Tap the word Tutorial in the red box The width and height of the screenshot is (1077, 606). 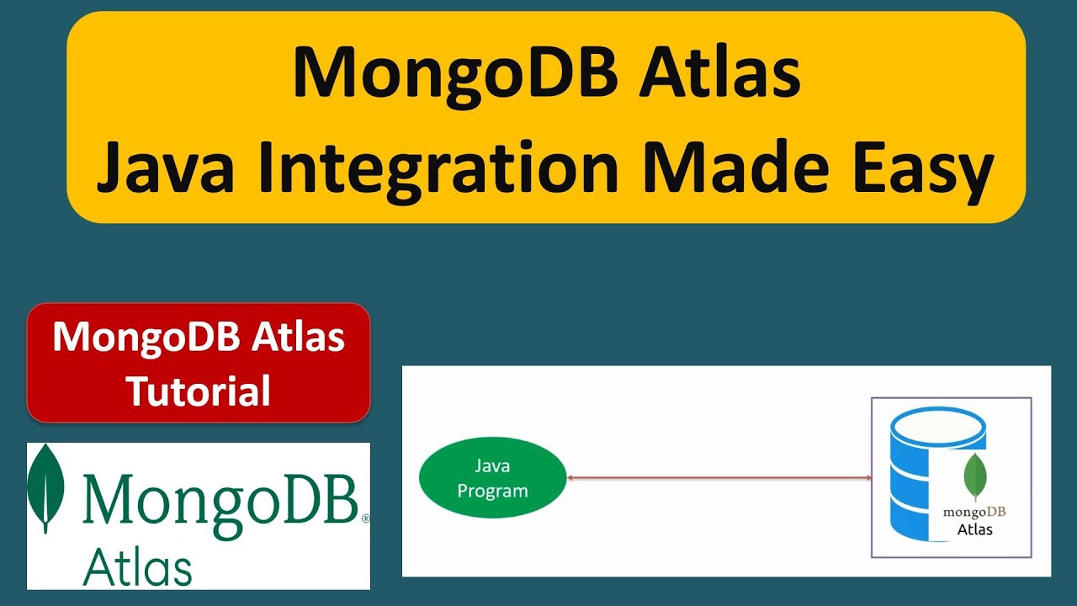pyautogui.click(x=199, y=391)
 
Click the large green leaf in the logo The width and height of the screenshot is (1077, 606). pyautogui.click(x=46, y=487)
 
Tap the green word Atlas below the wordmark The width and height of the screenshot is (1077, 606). pyautogui.click(x=137, y=567)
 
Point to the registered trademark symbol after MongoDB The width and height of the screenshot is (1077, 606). pyautogui.click(x=364, y=520)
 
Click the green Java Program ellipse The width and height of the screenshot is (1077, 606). pyautogui.click(x=492, y=478)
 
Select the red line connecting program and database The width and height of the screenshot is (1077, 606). pyautogui.click(x=719, y=478)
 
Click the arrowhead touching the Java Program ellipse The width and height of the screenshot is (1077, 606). pyautogui.click(x=570, y=478)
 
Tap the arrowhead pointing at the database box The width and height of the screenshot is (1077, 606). pyautogui.click(x=867, y=478)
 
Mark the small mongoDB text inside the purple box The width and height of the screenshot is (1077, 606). pyautogui.click(x=974, y=511)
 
